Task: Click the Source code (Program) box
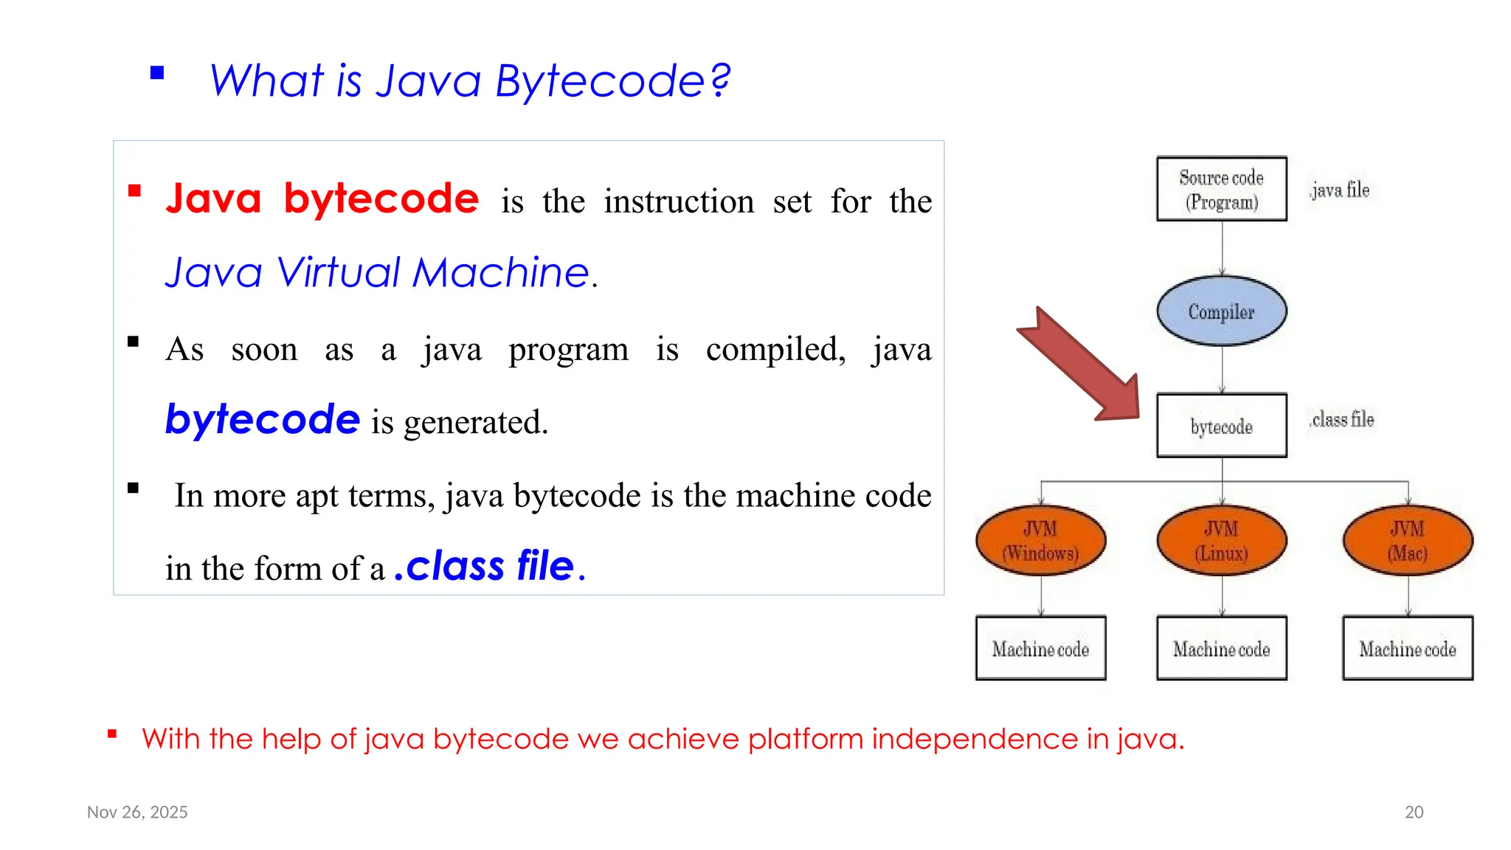pos(1221,189)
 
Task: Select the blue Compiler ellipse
pos(1221,311)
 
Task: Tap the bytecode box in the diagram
pos(1221,426)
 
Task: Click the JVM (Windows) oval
pos(1040,541)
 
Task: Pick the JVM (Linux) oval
pos(1221,541)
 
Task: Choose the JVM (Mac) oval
pos(1408,541)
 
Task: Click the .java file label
pos(1339,190)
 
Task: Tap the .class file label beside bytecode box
pos(1341,420)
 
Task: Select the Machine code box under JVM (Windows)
pos(1040,649)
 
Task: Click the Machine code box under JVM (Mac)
pos(1408,649)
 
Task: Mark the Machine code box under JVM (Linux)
pos(1221,649)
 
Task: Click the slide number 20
pos(1414,812)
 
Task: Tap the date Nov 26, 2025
pos(137,812)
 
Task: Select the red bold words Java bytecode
pos(322,198)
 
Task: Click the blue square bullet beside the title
pos(157,73)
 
